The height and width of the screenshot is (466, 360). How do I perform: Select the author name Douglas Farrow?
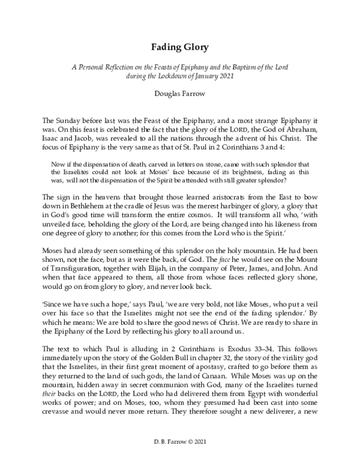click(x=179, y=94)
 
